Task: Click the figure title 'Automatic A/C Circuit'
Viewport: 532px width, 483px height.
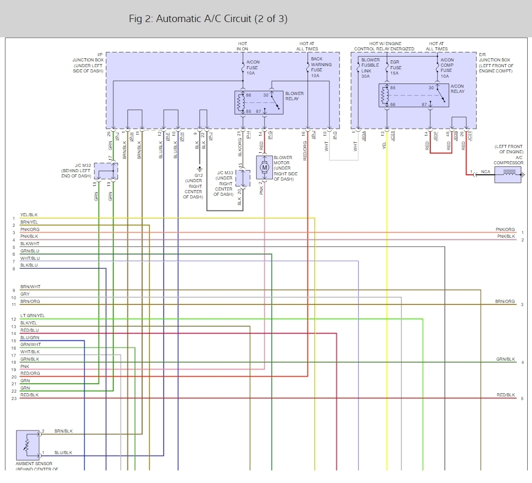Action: click(208, 19)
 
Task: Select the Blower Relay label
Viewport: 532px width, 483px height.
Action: click(294, 96)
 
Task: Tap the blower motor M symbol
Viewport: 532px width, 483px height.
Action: click(264, 167)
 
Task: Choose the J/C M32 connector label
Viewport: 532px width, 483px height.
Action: click(77, 171)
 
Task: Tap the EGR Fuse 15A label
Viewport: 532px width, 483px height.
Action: click(395, 68)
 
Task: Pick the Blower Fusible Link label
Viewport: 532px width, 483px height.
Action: click(370, 68)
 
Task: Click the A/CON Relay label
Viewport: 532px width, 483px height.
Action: click(457, 89)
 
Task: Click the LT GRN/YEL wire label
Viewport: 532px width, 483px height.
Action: click(33, 316)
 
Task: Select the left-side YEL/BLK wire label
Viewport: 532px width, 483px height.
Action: click(29, 215)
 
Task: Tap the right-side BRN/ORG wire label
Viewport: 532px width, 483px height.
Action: click(505, 301)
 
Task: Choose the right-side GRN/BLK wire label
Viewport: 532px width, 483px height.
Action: click(505, 359)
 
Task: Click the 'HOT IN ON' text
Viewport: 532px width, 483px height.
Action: click(242, 46)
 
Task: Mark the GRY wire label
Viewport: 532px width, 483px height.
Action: click(25, 294)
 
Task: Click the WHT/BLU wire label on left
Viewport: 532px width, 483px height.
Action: click(30, 258)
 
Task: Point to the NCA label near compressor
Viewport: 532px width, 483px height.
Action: click(485, 172)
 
